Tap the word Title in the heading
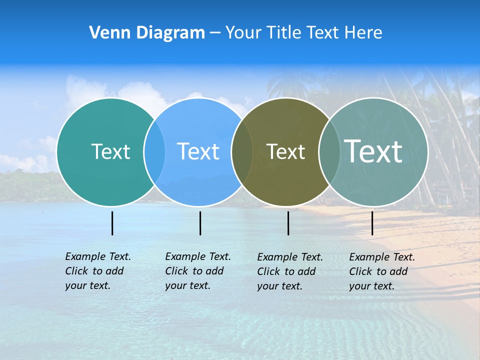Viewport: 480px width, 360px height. click(x=283, y=33)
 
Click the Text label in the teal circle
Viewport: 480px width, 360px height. click(x=110, y=151)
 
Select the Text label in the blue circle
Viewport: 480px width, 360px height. click(x=198, y=151)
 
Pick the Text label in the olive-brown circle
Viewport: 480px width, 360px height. click(x=285, y=151)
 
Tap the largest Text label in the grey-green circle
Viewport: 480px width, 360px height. click(x=373, y=151)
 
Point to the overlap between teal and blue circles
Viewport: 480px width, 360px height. click(x=154, y=152)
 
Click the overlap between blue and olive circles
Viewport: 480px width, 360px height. click(x=242, y=152)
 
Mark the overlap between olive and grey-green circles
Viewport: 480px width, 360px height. click(x=329, y=152)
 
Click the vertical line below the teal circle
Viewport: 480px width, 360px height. click(x=112, y=223)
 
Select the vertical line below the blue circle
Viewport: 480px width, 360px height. click(x=200, y=223)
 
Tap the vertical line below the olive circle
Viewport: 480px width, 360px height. click(x=288, y=223)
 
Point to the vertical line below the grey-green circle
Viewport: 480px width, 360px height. click(x=372, y=223)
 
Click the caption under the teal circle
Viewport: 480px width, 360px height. click(x=98, y=271)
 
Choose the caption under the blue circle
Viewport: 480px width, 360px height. click(x=198, y=271)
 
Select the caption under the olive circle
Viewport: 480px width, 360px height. click(x=290, y=271)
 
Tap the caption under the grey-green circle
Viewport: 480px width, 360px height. click(x=382, y=271)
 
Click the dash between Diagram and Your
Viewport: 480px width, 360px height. click(x=215, y=33)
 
